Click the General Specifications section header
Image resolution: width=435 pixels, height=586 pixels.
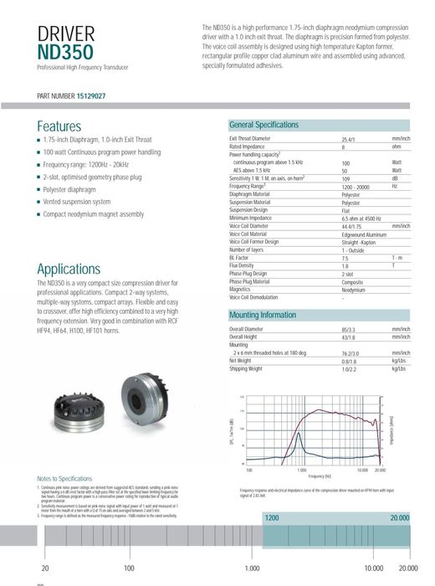point(264,125)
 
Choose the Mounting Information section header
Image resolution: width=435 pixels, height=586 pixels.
point(262,316)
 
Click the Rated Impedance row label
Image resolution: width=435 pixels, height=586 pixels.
point(247,146)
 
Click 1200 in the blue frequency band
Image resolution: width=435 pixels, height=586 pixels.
point(272,519)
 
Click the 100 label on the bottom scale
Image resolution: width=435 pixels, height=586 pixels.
point(129,568)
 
